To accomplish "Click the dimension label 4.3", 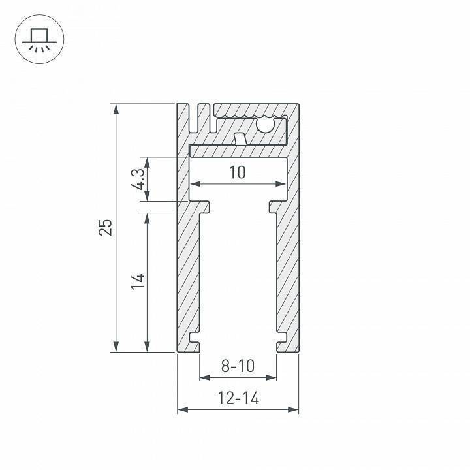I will click(x=137, y=178).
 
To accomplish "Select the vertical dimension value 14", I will click(x=137, y=281).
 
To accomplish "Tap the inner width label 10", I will click(x=238, y=172).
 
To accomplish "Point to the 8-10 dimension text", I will click(x=238, y=366).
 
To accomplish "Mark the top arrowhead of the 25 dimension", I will click(x=117, y=108).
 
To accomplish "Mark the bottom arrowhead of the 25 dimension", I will click(x=117, y=347).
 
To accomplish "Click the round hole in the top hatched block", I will click(x=266, y=123).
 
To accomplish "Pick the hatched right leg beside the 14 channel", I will click(x=287, y=274).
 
